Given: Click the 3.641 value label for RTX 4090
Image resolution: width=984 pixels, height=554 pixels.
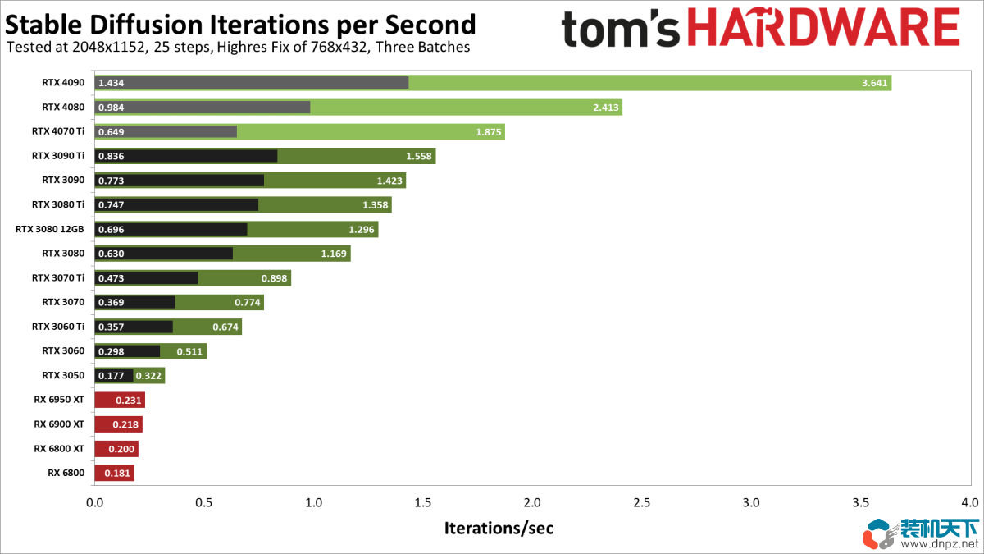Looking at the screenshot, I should [x=874, y=83].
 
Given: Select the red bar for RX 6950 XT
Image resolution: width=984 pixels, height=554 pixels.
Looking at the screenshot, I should [x=120, y=401].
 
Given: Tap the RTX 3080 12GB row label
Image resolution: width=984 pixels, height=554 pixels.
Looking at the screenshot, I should [x=49, y=230].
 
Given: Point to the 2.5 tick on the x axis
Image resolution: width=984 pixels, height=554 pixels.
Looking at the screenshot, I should [x=641, y=501].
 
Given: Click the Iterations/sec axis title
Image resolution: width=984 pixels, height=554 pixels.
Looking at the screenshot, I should [x=499, y=528].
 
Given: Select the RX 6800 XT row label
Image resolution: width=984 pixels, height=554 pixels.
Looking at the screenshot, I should [x=59, y=449].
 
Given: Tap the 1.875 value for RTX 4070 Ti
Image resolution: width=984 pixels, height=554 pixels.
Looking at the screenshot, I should [x=488, y=131].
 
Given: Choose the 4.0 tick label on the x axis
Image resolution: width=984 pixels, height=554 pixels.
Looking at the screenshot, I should [x=970, y=501].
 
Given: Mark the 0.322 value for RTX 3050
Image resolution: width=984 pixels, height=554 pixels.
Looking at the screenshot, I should [x=148, y=376].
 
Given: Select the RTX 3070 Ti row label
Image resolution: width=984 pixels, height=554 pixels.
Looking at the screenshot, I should [x=58, y=278].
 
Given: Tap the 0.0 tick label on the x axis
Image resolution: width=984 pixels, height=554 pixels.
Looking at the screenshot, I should [x=95, y=501].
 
